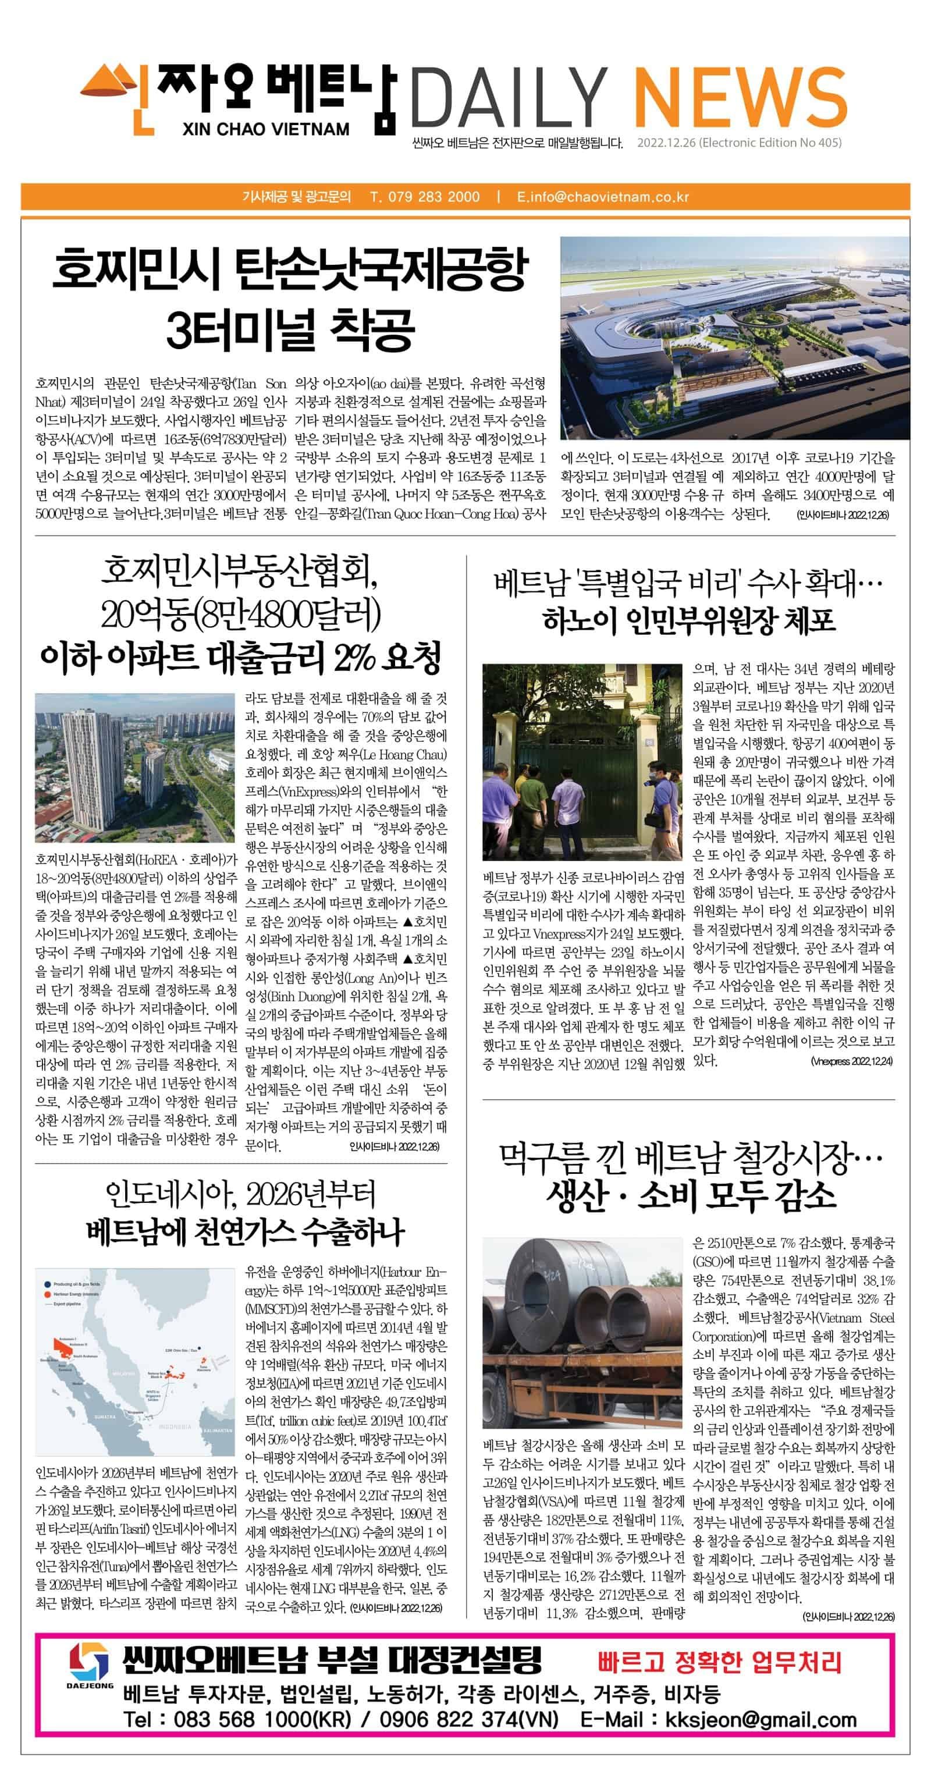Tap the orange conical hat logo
[x=113, y=83]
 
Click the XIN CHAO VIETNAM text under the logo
[x=266, y=129]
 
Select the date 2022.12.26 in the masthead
[x=667, y=143]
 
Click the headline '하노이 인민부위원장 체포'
[x=688, y=620]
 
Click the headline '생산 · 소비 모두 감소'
[x=691, y=1196]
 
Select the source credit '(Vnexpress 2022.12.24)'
[x=851, y=1061]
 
